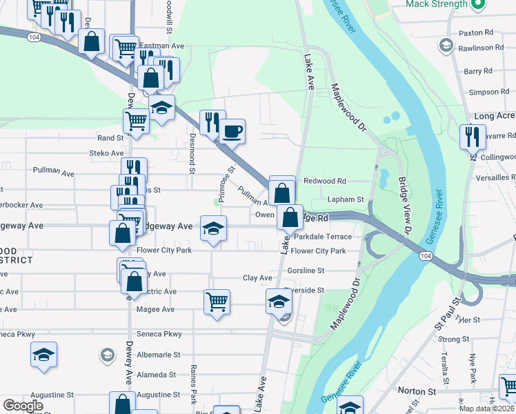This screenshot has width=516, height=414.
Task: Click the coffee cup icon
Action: pyautogui.click(x=232, y=130)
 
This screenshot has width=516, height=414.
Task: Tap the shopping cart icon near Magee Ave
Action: pyautogui.click(x=217, y=301)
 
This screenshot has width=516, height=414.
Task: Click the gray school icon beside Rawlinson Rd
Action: pyautogui.click(x=445, y=47)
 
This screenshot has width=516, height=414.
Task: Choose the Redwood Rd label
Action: pyautogui.click(x=325, y=181)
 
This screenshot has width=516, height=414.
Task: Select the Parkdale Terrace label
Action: pyautogui.click(x=324, y=237)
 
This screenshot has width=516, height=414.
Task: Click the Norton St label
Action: pyautogui.click(x=417, y=391)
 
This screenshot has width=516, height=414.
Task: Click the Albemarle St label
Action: pyautogui.click(x=158, y=355)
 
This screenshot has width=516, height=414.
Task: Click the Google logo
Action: pyautogui.click(x=23, y=406)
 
